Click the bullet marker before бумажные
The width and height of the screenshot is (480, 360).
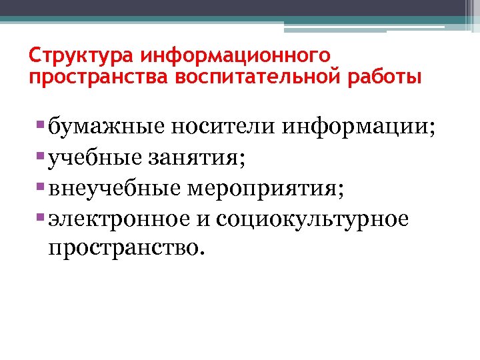(x=42, y=125)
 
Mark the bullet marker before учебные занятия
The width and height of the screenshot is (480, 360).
(x=42, y=155)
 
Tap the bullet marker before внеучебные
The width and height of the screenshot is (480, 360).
(x=42, y=186)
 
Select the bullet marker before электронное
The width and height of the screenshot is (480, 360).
(x=42, y=217)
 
